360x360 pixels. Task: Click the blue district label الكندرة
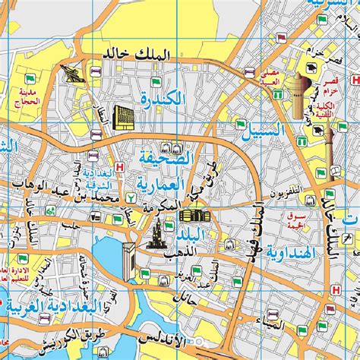[163, 97]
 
